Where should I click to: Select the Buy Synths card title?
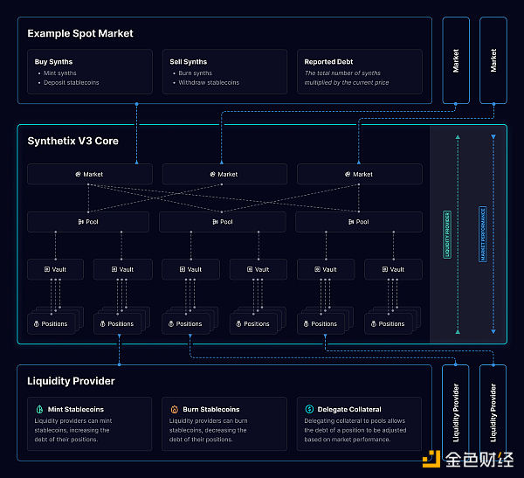click(x=53, y=62)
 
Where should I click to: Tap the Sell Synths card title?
click(x=188, y=62)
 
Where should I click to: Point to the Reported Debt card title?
click(x=329, y=62)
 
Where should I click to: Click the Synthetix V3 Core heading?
click(x=72, y=141)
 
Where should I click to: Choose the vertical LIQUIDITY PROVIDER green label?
click(x=447, y=234)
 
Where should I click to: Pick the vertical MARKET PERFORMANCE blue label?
click(x=482, y=234)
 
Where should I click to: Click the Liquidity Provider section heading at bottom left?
click(x=71, y=381)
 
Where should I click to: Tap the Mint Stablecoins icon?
click(x=39, y=409)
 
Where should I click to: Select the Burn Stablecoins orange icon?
click(x=175, y=409)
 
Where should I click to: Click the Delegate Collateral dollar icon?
click(x=310, y=409)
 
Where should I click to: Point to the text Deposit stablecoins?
click(x=71, y=83)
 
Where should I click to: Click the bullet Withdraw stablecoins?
click(x=208, y=83)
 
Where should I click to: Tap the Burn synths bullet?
click(x=195, y=73)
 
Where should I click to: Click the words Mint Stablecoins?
click(x=76, y=409)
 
